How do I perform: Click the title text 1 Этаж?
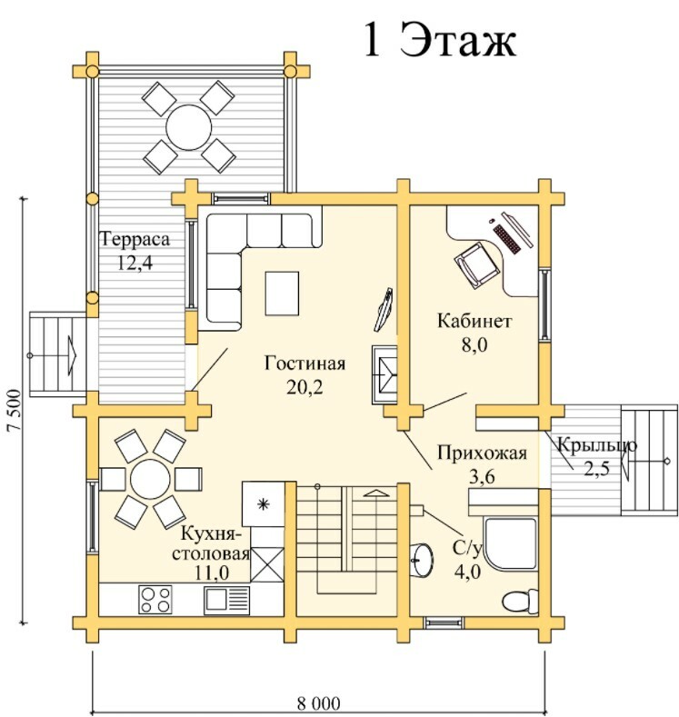click(440, 40)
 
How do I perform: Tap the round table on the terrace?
click(188, 127)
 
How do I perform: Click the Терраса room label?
click(135, 239)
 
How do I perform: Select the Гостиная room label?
click(305, 363)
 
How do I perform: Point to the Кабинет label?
click(474, 321)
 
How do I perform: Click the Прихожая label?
click(482, 453)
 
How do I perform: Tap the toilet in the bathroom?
click(520, 601)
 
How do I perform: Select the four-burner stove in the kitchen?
click(155, 600)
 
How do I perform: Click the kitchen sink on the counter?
click(227, 600)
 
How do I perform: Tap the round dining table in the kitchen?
click(150, 479)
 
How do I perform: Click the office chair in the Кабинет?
click(476, 265)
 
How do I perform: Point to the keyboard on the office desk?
click(506, 238)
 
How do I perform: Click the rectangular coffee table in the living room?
click(282, 294)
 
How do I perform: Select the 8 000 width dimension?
click(319, 702)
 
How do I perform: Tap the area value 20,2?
click(305, 387)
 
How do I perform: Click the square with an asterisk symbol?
click(263, 504)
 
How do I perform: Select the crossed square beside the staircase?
click(267, 564)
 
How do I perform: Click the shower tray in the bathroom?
click(510, 543)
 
